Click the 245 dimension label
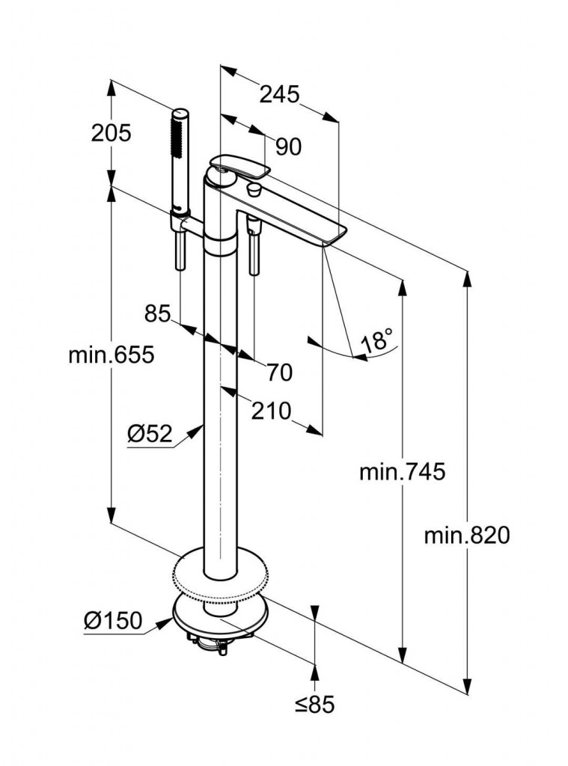[x=279, y=94]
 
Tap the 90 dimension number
[x=288, y=147]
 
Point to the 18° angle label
[x=377, y=341]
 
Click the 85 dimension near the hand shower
[x=158, y=313]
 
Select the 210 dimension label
[x=270, y=411]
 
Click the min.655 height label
[x=111, y=355]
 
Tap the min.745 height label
[x=402, y=472]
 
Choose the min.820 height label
[x=465, y=535]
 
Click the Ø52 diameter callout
[x=150, y=433]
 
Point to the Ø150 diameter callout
[x=112, y=620]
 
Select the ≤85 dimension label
[x=314, y=704]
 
